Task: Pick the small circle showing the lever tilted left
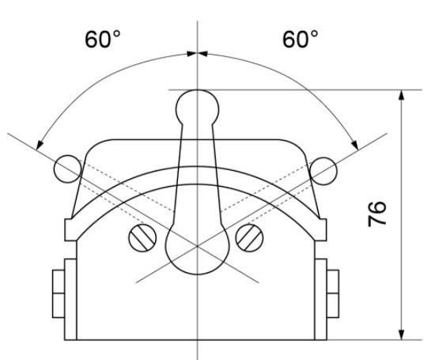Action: (66, 167)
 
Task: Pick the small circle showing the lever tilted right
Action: (325, 169)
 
